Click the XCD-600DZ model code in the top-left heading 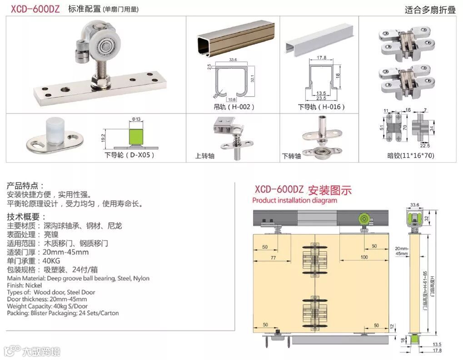(x=35, y=9)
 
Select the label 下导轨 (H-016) (x=321, y=107)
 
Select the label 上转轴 (x=204, y=156)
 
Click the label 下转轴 (x=291, y=156)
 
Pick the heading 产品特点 (x=25, y=186)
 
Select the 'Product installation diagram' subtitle (x=294, y=200)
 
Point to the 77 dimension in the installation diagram (x=273, y=257)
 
